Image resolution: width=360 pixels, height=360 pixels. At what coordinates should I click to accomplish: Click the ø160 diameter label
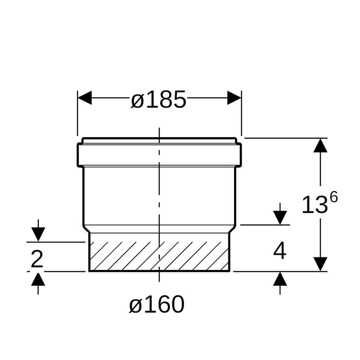157,304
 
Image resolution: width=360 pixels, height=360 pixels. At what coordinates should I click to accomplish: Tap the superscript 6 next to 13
333,198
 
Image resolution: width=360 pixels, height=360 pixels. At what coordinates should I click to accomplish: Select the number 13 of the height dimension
315,205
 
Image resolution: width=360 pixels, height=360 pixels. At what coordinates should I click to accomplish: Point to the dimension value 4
279,251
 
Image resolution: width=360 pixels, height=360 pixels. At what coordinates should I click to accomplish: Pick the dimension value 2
37,259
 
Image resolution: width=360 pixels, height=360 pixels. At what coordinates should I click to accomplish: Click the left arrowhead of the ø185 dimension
85,98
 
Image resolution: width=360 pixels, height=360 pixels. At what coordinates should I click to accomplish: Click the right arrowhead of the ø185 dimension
234,98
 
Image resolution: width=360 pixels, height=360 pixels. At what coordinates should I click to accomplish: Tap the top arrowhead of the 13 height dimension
320,145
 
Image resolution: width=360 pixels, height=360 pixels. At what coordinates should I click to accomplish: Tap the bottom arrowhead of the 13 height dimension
320,264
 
